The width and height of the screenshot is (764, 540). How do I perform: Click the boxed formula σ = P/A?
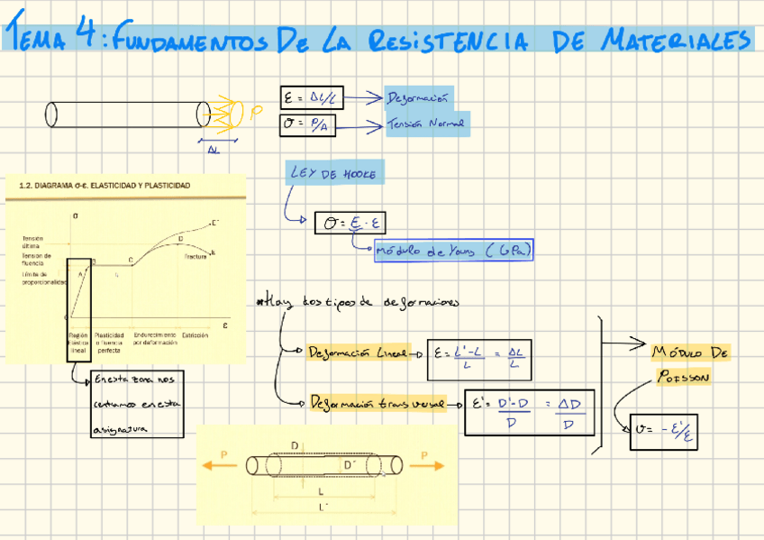click(307, 126)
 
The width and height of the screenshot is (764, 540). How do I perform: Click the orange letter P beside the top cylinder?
click(256, 114)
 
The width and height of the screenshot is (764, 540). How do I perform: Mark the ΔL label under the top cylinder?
click(214, 151)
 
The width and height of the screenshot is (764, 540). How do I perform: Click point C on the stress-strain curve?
click(131, 260)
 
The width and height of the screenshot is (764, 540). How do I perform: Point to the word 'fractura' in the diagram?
click(196, 257)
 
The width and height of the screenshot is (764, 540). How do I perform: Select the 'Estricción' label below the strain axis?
click(196, 335)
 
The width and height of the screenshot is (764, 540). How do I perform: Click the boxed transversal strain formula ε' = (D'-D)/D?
click(527, 412)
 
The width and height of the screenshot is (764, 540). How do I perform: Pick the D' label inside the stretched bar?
click(350, 464)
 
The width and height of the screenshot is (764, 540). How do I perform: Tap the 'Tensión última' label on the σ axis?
click(33, 242)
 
